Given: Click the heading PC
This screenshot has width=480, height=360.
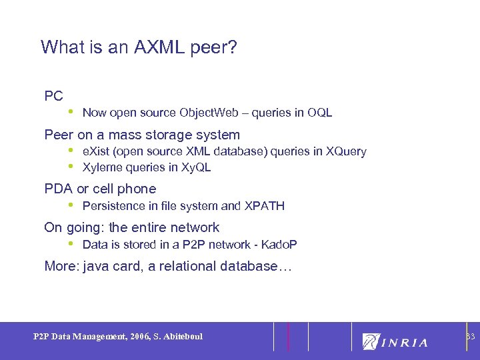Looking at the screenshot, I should pyautogui.click(x=53, y=96).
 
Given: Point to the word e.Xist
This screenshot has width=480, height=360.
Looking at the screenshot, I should pyautogui.click(x=97, y=151).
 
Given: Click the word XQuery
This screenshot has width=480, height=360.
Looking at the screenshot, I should pyautogui.click(x=346, y=151).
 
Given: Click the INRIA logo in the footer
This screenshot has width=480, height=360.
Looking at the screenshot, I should pyautogui.click(x=395, y=341).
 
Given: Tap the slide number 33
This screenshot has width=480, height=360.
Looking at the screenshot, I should pyautogui.click(x=470, y=337).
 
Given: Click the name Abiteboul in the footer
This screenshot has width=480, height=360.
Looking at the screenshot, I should pyautogui.click(x=180, y=337).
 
